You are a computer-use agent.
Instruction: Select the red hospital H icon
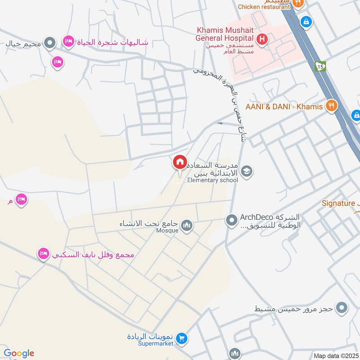[x=263, y=39]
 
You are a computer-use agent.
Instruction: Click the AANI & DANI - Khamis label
[x=284, y=107]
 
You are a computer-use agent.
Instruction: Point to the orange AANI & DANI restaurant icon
[x=331, y=106]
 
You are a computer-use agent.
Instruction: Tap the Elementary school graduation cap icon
[x=246, y=171]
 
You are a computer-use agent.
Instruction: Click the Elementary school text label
[x=213, y=180]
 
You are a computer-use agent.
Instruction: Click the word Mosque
[x=167, y=230]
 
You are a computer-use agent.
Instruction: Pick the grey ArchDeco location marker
[x=231, y=220]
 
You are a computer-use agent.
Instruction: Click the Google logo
[x=19, y=353]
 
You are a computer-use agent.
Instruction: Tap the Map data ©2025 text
[x=335, y=355]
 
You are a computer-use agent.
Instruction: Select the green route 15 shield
[x=320, y=66]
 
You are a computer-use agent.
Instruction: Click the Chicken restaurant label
[x=264, y=7]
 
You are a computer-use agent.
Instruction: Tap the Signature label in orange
[x=338, y=203]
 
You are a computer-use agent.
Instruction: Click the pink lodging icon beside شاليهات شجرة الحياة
[x=68, y=41]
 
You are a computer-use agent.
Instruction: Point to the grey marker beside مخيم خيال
[x=50, y=44]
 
